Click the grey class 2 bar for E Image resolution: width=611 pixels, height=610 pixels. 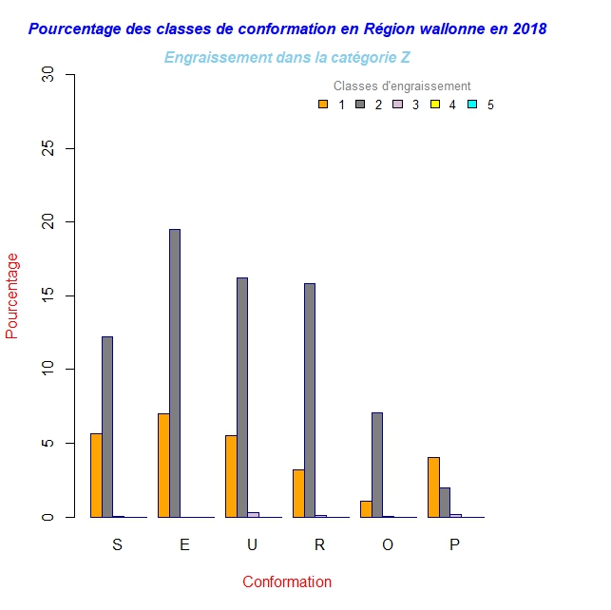coord(175,372)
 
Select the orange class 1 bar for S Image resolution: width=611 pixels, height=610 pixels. coord(96,475)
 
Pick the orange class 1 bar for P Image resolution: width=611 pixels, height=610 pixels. coord(433,486)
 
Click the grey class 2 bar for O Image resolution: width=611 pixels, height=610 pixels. coord(376,465)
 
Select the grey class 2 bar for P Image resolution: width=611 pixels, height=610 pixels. coord(445,502)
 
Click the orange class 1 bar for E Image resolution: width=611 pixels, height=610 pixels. coord(163,465)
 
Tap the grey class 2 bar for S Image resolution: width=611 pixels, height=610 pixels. coord(107,427)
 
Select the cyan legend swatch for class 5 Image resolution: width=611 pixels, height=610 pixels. coord(472,105)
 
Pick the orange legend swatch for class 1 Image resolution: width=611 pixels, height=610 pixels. coord(323,105)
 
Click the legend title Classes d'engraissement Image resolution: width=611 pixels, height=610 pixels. coord(402,86)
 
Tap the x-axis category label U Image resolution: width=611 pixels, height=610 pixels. coord(252,544)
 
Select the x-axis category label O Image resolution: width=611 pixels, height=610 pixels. coord(387,544)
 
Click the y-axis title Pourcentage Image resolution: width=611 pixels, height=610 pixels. coord(12,295)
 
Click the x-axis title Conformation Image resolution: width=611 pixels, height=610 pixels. coord(286,581)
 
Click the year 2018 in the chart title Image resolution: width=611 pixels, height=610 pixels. coord(528,29)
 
